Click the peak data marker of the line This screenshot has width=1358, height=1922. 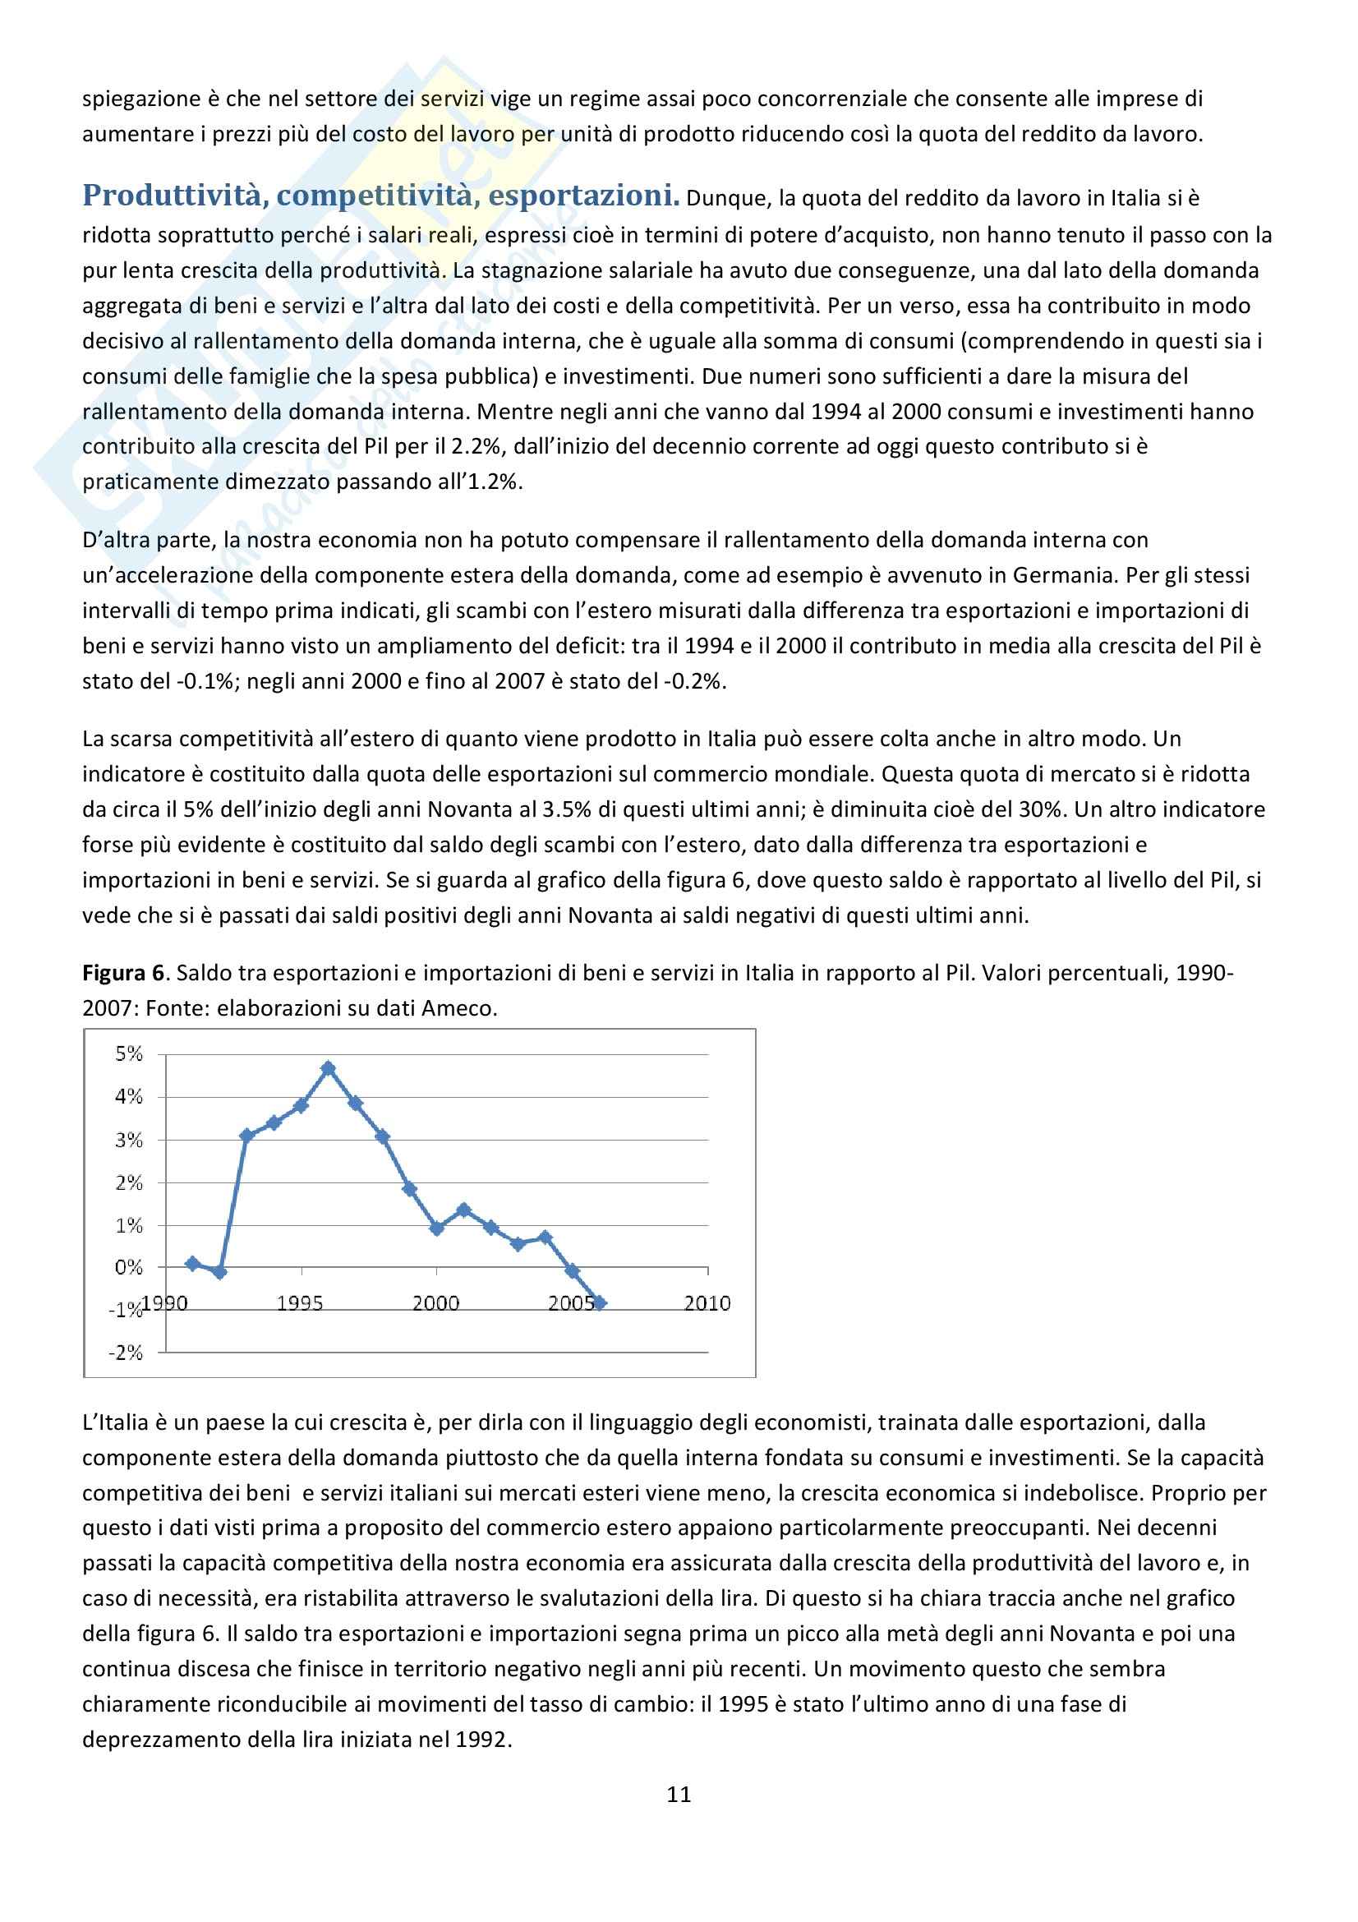point(328,1068)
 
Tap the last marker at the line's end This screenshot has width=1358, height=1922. point(599,1302)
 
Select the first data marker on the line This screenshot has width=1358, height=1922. point(192,1263)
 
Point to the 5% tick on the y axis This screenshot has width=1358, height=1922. point(129,1054)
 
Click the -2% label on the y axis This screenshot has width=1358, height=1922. point(126,1352)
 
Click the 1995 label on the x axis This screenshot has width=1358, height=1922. point(300,1302)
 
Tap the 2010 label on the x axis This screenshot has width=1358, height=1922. point(707,1302)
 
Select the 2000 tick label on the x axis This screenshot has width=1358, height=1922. point(435,1302)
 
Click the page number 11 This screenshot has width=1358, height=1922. point(679,1794)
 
